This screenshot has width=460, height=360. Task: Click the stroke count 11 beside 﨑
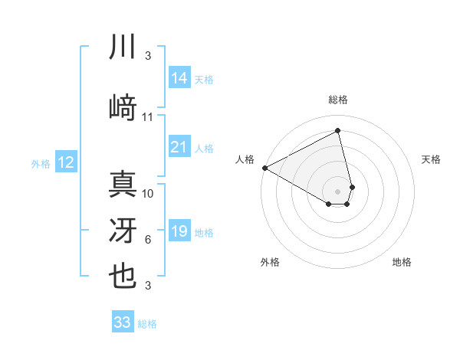tap(148, 117)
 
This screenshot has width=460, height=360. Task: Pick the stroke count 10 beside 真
tap(148, 193)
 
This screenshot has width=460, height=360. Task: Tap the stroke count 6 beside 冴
tap(148, 240)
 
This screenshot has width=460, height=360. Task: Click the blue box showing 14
tap(179, 77)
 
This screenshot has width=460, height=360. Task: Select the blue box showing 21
tap(179, 147)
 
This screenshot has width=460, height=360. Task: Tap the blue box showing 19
tap(179, 231)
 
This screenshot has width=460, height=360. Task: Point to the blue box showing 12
tap(65, 162)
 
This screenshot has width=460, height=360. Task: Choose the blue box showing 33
tap(122, 322)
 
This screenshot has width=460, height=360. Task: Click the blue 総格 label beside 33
tap(147, 324)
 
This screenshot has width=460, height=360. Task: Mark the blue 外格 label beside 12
tap(41, 163)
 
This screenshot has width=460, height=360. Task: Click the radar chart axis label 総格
tap(338, 100)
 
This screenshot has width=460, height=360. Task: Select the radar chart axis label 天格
tap(432, 159)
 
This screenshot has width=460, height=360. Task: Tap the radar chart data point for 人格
tap(264, 168)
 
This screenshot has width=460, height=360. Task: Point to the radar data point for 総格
tap(338, 131)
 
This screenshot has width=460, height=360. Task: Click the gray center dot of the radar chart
tap(338, 190)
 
